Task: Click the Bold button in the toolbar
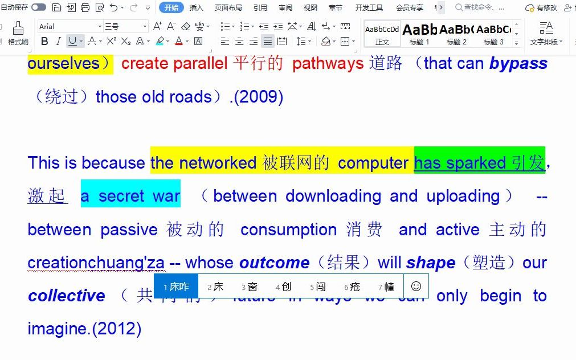click(44, 42)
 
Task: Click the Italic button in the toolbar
click(58, 42)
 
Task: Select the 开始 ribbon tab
click(171, 7)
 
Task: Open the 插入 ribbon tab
click(196, 7)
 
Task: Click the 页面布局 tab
click(228, 7)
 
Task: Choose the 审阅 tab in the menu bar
click(285, 7)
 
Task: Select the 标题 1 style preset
click(420, 34)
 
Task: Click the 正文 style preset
click(382, 34)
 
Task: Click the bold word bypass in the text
click(518, 63)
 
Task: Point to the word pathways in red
click(327, 63)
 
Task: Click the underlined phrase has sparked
click(459, 163)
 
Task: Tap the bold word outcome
click(274, 263)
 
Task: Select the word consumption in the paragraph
click(288, 230)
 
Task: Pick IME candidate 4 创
click(284, 287)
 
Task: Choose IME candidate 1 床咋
click(177, 287)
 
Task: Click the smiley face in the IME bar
click(416, 286)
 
